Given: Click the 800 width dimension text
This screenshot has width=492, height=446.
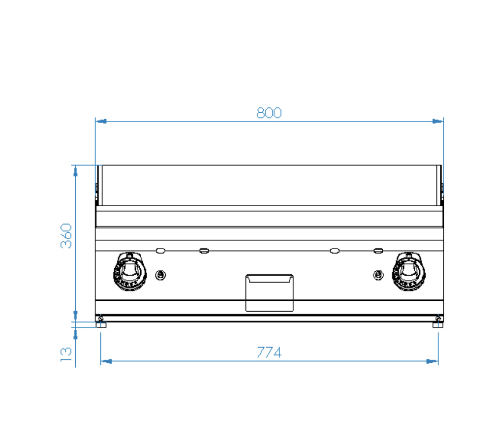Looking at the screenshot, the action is tap(269, 113).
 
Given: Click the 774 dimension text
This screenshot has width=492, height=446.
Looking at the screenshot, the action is tap(269, 352).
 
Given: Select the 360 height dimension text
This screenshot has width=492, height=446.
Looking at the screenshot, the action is tap(66, 236).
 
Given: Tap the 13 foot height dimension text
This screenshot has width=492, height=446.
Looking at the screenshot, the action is tap(66, 354).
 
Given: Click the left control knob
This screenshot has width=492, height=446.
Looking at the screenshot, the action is tap(129, 271).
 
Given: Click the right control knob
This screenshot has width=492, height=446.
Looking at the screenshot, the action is tap(408, 271).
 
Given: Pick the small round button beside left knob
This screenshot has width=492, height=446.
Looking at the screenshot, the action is tap(161, 275).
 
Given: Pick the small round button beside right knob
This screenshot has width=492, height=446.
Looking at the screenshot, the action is tap(378, 275).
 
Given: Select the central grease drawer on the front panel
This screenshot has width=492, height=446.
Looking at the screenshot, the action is tap(269, 293).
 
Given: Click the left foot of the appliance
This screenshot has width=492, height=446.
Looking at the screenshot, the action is tap(101, 324).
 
